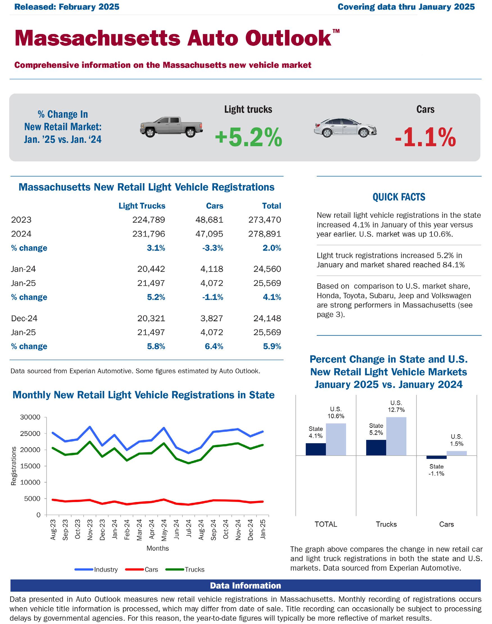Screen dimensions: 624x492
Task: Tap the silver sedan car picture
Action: coord(345,127)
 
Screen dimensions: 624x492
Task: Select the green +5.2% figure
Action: coord(248,137)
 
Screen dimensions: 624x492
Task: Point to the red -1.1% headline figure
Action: coord(425,138)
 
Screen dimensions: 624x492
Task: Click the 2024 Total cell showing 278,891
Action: coord(264,234)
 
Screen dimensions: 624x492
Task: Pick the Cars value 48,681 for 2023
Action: coord(209,220)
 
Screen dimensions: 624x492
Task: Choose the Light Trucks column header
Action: coord(142,206)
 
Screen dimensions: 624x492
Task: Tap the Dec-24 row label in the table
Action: coord(24,318)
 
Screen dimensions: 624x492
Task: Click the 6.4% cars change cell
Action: coord(214,346)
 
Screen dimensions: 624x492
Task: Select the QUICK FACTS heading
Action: coord(399,197)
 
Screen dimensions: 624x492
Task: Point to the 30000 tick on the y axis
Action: coord(30,417)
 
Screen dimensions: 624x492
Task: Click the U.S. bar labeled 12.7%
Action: coord(396,436)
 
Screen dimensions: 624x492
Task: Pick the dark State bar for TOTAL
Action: coord(316,449)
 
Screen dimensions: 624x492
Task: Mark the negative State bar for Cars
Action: coord(436,457)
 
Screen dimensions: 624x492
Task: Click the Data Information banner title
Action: coord(245,585)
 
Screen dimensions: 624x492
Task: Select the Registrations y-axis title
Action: coord(13,465)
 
